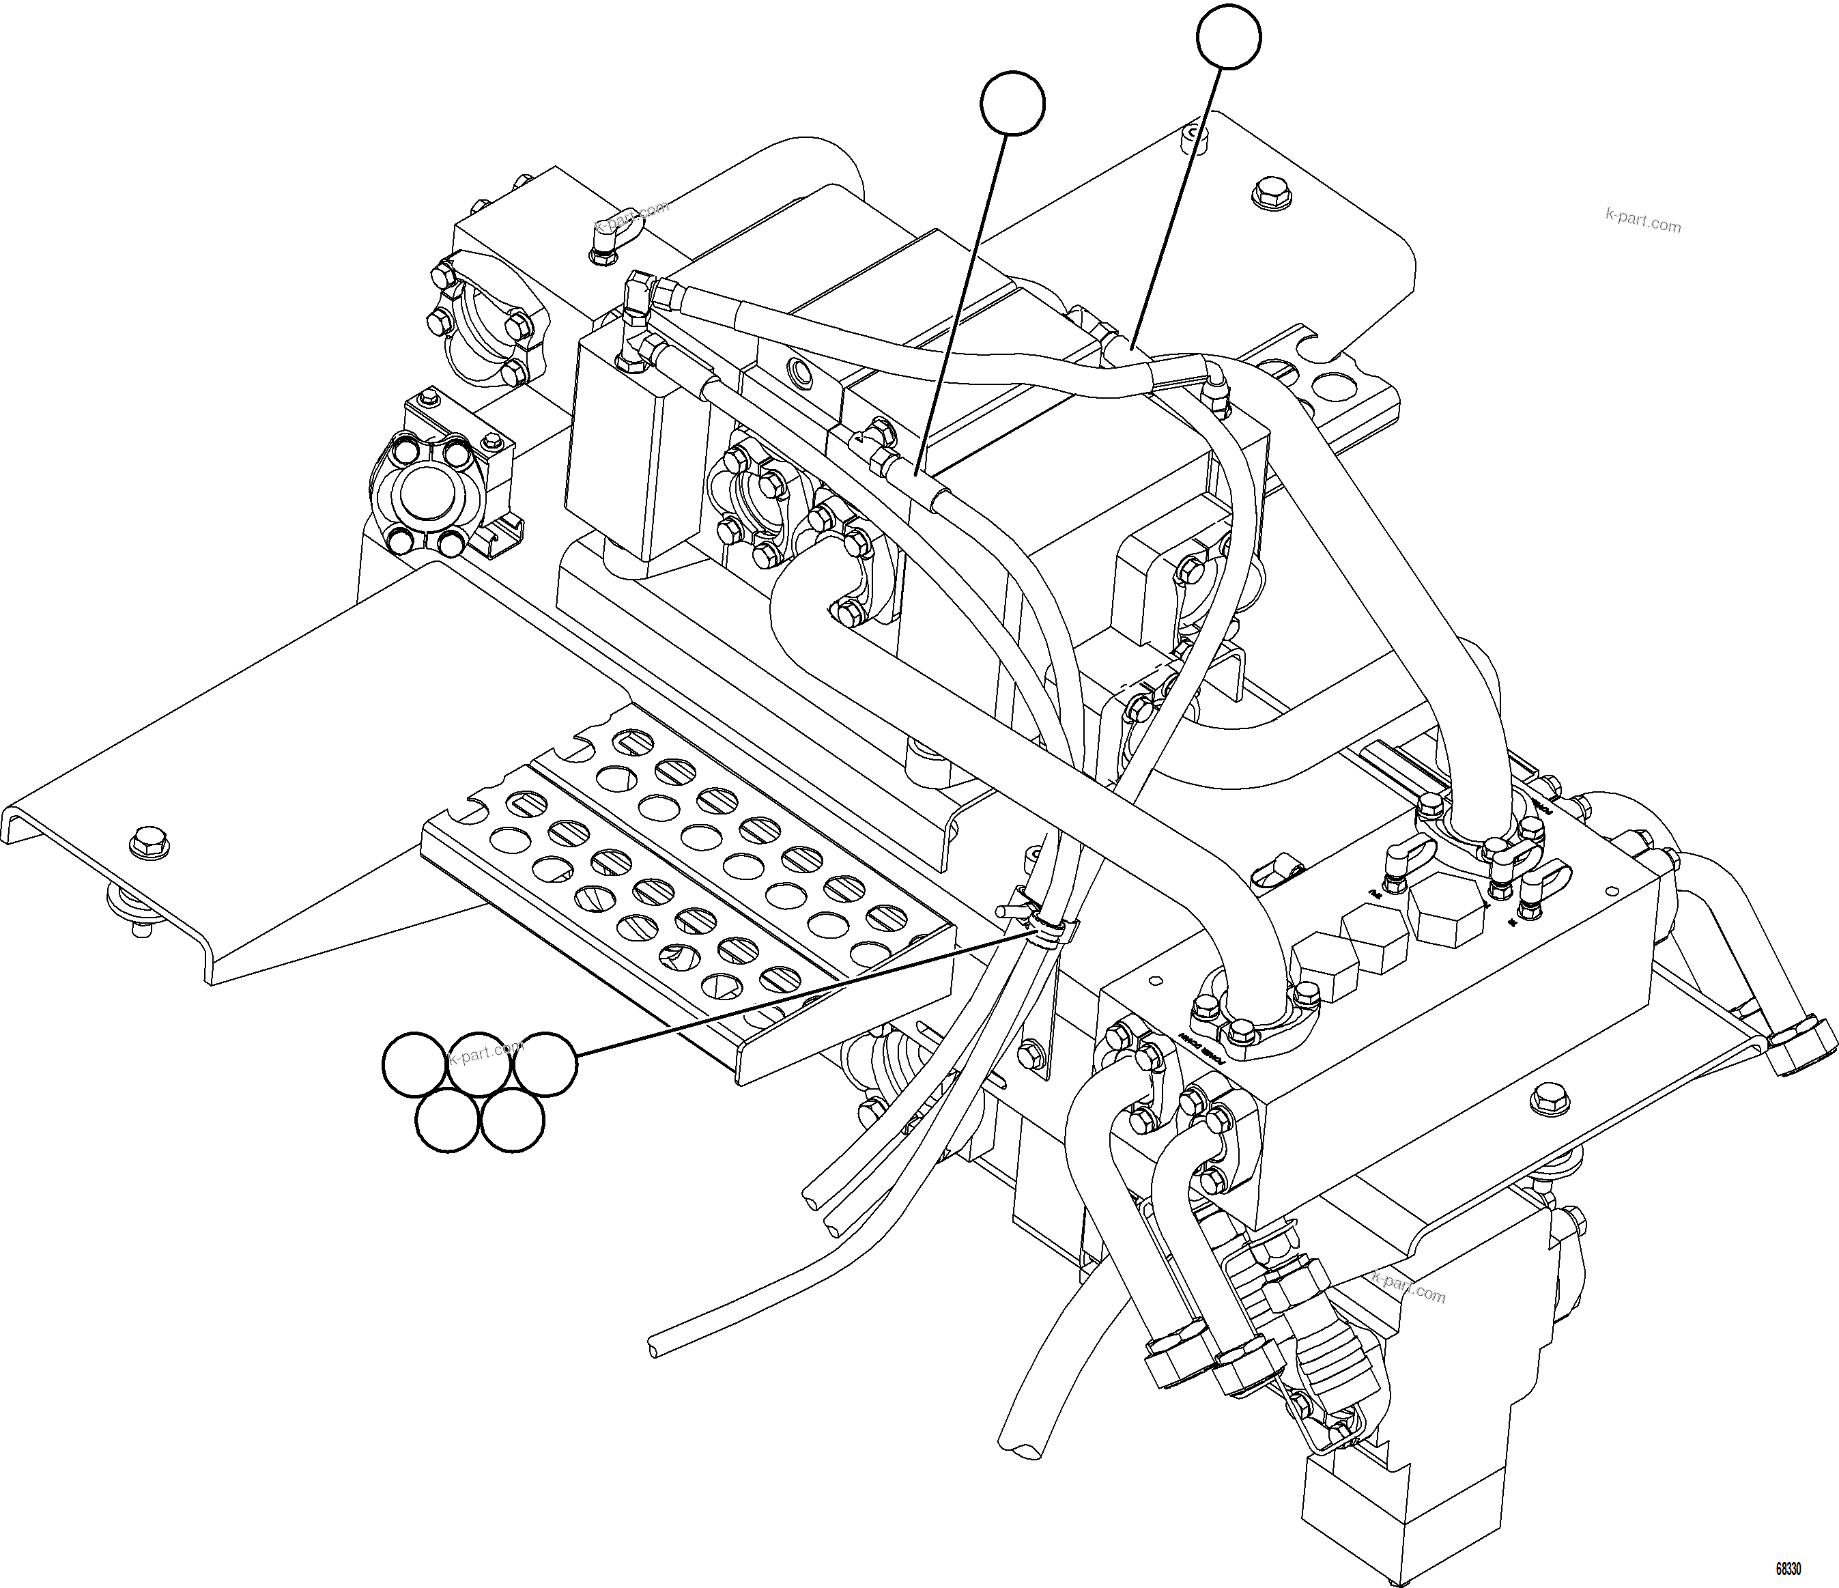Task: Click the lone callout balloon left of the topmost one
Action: tap(1013, 104)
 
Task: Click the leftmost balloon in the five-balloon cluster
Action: tap(414, 1064)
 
